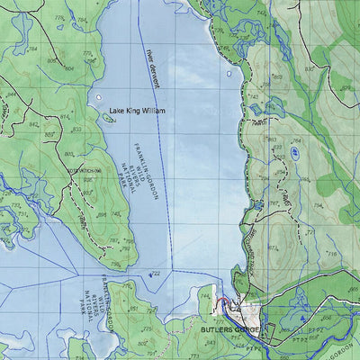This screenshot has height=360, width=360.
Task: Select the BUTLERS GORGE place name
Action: (x=232, y=331)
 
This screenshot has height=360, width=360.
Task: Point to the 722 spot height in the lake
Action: (x=155, y=274)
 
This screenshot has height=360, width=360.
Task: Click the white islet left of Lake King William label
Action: (x=97, y=96)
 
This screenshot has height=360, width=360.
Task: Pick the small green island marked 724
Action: (x=109, y=117)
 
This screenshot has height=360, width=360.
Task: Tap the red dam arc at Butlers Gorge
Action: (x=220, y=301)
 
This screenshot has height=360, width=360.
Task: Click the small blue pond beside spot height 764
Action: (x=294, y=153)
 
